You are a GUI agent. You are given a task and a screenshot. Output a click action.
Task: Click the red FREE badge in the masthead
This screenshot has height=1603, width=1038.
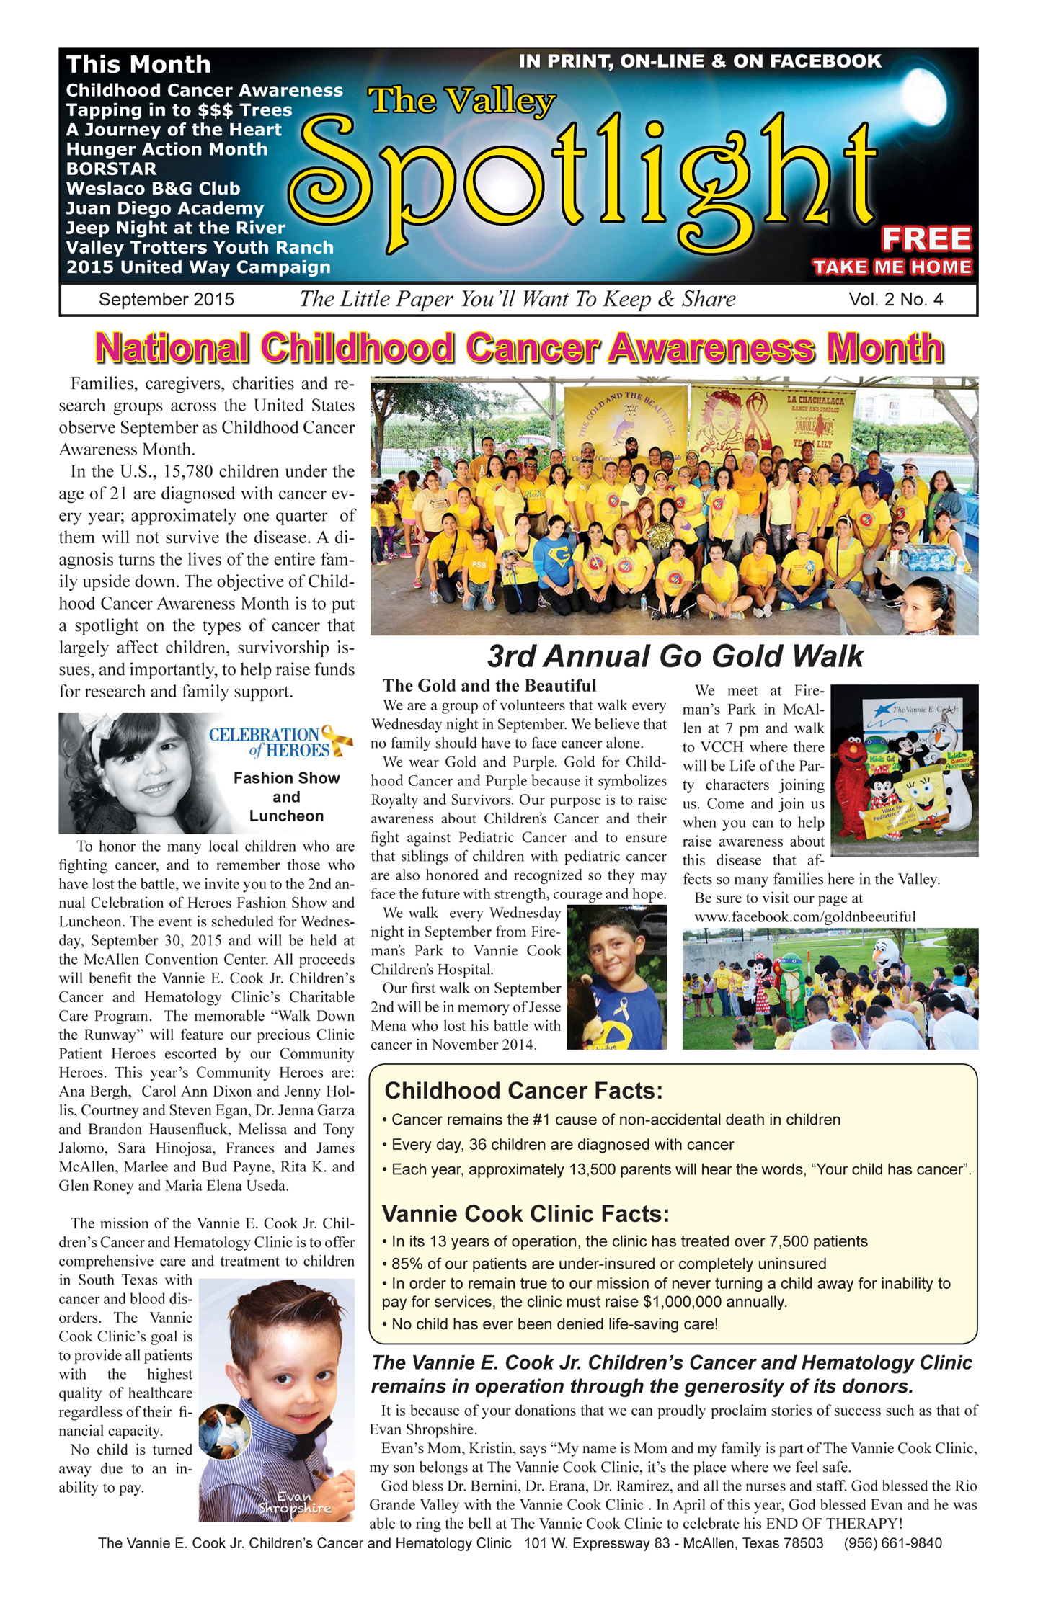pyautogui.click(x=926, y=238)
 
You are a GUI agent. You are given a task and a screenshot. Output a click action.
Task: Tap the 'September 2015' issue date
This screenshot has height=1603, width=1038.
pyautogui.click(x=167, y=300)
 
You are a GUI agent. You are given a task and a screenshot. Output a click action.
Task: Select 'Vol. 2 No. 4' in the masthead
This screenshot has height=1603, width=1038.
pyautogui.click(x=895, y=300)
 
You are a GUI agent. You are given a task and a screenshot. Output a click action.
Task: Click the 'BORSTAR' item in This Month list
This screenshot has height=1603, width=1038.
pyautogui.click(x=111, y=169)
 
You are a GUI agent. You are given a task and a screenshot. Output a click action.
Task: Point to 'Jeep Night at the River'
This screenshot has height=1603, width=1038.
pyautogui.click(x=176, y=228)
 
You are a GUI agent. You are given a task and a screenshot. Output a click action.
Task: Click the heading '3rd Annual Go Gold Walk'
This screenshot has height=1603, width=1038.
pyautogui.click(x=675, y=656)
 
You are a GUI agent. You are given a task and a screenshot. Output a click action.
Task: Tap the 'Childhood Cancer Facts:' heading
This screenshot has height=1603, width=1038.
pyautogui.click(x=523, y=1091)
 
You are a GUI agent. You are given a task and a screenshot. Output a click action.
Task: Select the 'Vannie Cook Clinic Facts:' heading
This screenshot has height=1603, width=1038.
pyautogui.click(x=525, y=1214)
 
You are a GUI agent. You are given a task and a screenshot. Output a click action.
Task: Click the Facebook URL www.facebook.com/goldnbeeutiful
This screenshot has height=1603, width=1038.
pyautogui.click(x=804, y=917)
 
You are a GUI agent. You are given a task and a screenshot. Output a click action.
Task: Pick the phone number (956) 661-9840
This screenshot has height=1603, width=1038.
pyautogui.click(x=892, y=1543)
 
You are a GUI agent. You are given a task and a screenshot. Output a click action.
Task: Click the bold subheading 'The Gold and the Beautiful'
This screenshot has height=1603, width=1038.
pyautogui.click(x=489, y=686)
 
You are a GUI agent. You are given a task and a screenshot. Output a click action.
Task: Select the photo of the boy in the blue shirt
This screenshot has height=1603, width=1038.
pyautogui.click(x=616, y=978)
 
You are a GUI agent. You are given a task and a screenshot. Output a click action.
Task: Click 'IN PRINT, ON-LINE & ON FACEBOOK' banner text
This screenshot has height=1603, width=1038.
pyautogui.click(x=699, y=61)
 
